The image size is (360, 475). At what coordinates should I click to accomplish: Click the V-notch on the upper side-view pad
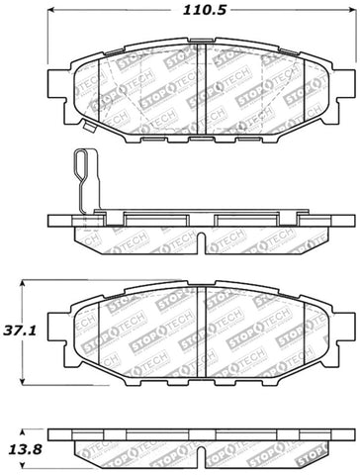click(198, 243)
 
